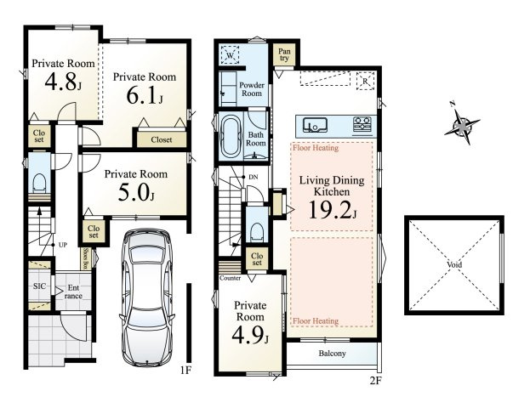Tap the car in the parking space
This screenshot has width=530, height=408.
[x=147, y=297]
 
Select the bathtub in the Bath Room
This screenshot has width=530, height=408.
[x=231, y=137]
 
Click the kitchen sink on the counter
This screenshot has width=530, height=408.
[x=315, y=124]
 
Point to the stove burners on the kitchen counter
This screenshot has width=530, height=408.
[x=362, y=124]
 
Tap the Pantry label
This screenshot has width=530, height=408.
[x=284, y=54]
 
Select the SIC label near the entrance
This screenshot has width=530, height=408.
[x=39, y=286]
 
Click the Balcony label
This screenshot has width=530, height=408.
[x=332, y=354]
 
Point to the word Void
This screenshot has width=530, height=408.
[x=454, y=265]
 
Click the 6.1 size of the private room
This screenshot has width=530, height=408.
[x=145, y=95]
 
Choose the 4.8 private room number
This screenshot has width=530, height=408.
[x=63, y=82]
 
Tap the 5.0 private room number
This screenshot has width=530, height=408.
[x=136, y=192]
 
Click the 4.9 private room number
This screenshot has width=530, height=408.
[x=250, y=335]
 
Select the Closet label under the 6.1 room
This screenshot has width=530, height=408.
[x=162, y=139]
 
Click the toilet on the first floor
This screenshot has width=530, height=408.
[x=39, y=184]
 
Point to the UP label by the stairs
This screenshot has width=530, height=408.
[x=63, y=245]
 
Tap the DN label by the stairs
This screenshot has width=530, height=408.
[x=254, y=177]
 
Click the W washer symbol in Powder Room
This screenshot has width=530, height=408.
[x=230, y=54]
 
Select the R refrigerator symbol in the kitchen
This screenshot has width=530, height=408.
[x=366, y=81]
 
